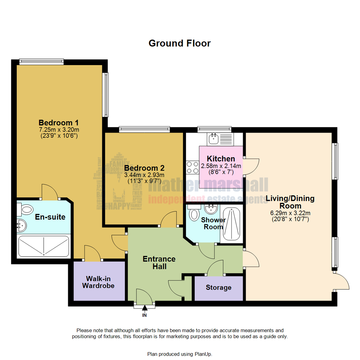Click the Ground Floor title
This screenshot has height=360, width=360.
click(x=179, y=43)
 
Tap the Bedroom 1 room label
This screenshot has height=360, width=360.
click(x=58, y=122)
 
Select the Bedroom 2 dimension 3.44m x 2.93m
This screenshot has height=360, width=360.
click(x=144, y=175)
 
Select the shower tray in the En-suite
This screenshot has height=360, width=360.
click(x=44, y=246)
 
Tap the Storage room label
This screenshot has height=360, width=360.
click(x=218, y=287)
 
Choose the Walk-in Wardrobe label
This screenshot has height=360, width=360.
click(x=98, y=282)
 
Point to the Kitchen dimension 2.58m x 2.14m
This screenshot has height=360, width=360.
click(x=221, y=166)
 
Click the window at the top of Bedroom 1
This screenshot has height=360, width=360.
click(x=41, y=61)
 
